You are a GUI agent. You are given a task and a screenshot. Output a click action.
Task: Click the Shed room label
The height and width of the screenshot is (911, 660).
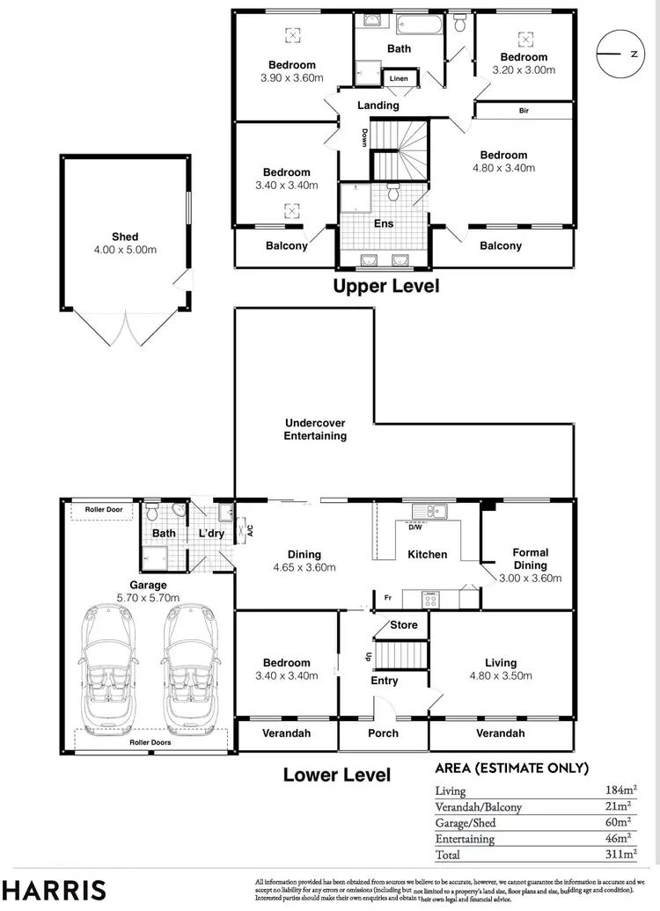[125, 237]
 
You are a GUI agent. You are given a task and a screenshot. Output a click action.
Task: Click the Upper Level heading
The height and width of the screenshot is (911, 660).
[385, 286]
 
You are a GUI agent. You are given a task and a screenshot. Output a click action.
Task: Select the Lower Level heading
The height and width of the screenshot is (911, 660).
[336, 775]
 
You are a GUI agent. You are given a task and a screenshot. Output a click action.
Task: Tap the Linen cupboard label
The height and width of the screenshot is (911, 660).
[399, 79]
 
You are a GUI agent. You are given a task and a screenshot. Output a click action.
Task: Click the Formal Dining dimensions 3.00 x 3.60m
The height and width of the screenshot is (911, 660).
[530, 578]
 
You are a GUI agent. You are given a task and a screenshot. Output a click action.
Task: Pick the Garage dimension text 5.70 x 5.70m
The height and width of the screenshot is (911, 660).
[147, 598]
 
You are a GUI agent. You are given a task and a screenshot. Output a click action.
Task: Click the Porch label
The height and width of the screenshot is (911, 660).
[383, 732]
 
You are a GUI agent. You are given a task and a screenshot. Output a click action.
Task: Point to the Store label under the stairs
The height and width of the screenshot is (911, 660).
[404, 625]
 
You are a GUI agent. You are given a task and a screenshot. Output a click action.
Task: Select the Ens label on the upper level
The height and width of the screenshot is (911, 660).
[384, 223]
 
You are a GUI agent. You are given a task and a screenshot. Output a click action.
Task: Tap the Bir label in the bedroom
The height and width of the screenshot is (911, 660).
[524, 111]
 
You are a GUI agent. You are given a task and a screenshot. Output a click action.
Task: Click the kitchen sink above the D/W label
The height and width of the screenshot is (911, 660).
[429, 511]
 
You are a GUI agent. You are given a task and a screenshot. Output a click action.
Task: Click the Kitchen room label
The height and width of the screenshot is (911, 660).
[426, 554]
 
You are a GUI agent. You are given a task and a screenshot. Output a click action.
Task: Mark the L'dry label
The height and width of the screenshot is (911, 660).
[211, 534]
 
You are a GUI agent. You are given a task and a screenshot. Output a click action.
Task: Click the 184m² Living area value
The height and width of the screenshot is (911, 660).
[620, 791]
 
